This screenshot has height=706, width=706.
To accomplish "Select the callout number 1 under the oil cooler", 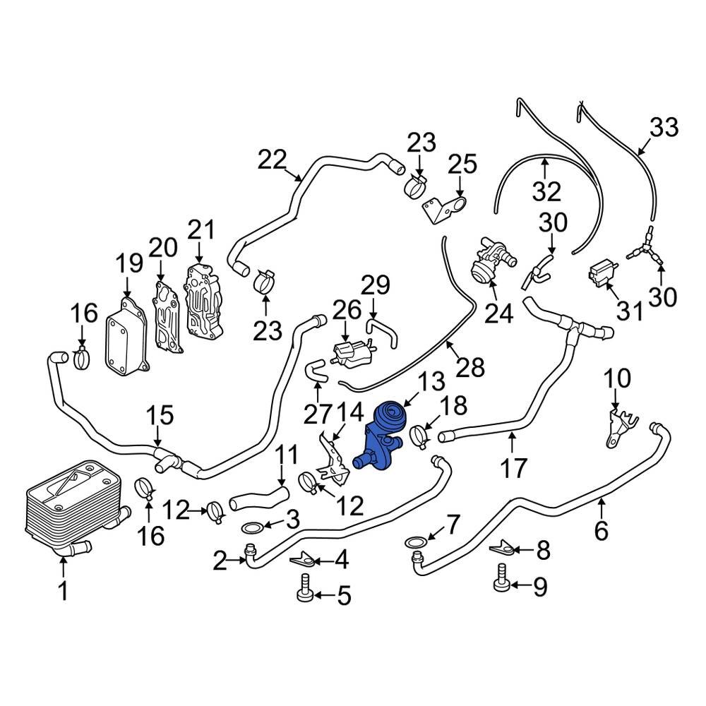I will pyautogui.click(x=64, y=590).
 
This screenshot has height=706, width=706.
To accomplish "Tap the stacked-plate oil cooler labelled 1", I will pyautogui.click(x=67, y=505).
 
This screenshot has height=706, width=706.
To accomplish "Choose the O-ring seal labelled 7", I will pyautogui.click(x=416, y=542).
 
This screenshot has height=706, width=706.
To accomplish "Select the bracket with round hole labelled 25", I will pyautogui.click(x=447, y=210).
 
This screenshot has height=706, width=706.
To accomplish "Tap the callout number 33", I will pyautogui.click(x=664, y=128).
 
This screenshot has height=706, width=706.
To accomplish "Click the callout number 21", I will pyautogui.click(x=200, y=230).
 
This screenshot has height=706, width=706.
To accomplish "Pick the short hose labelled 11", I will pyautogui.click(x=258, y=497).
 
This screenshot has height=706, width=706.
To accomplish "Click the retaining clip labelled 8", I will pyautogui.click(x=505, y=546).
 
